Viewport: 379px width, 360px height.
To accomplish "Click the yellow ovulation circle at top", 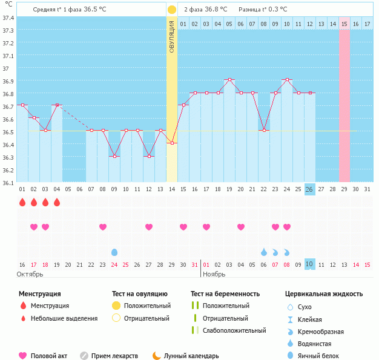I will [172, 10].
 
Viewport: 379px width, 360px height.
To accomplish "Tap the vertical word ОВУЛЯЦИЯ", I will [172, 36].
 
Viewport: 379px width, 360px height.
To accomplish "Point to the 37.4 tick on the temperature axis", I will [8, 18].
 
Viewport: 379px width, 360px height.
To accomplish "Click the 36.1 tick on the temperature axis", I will [8, 182].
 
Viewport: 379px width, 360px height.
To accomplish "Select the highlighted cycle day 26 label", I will [309, 189].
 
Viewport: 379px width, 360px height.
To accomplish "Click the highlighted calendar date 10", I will [309, 264].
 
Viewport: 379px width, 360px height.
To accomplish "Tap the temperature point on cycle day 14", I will [172, 143].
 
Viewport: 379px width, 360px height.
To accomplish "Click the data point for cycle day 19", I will [229, 80].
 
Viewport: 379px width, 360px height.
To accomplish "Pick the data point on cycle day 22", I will [263, 131].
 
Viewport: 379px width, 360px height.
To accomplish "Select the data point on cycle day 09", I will [114, 156].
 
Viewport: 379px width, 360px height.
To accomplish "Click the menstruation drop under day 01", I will [22, 202].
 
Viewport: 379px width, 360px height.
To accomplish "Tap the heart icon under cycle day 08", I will [103, 227].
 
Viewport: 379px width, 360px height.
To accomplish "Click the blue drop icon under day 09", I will [114, 252].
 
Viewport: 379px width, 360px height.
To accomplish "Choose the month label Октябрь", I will [30, 274].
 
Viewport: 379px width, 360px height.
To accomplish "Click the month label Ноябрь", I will [214, 274].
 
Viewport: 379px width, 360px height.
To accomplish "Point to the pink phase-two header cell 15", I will [344, 24].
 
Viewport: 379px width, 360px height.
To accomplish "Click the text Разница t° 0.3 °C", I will [263, 10].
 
